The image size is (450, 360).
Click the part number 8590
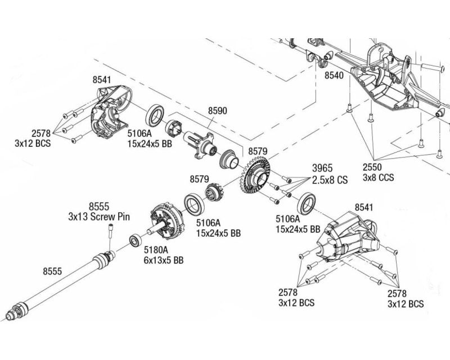[x=218, y=111]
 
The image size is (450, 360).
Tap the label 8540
[x=334, y=74]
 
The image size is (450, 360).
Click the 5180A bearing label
[x=155, y=250]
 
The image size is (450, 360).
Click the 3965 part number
[x=322, y=168]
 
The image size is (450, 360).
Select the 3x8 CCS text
[x=379, y=178]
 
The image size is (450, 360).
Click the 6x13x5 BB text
[x=163, y=260]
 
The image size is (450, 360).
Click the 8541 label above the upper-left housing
[x=102, y=80]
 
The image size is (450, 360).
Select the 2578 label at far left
[x=40, y=133]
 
